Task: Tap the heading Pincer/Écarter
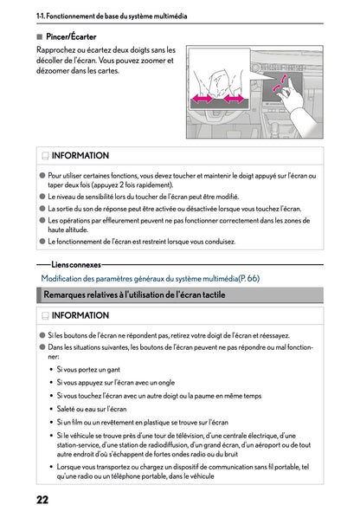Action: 71,36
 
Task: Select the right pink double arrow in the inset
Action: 235,100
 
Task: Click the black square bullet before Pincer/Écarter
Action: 39,36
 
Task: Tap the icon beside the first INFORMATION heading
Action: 44,156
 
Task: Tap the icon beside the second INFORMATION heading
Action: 44,316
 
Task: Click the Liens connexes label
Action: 75,264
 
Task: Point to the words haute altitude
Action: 72,230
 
